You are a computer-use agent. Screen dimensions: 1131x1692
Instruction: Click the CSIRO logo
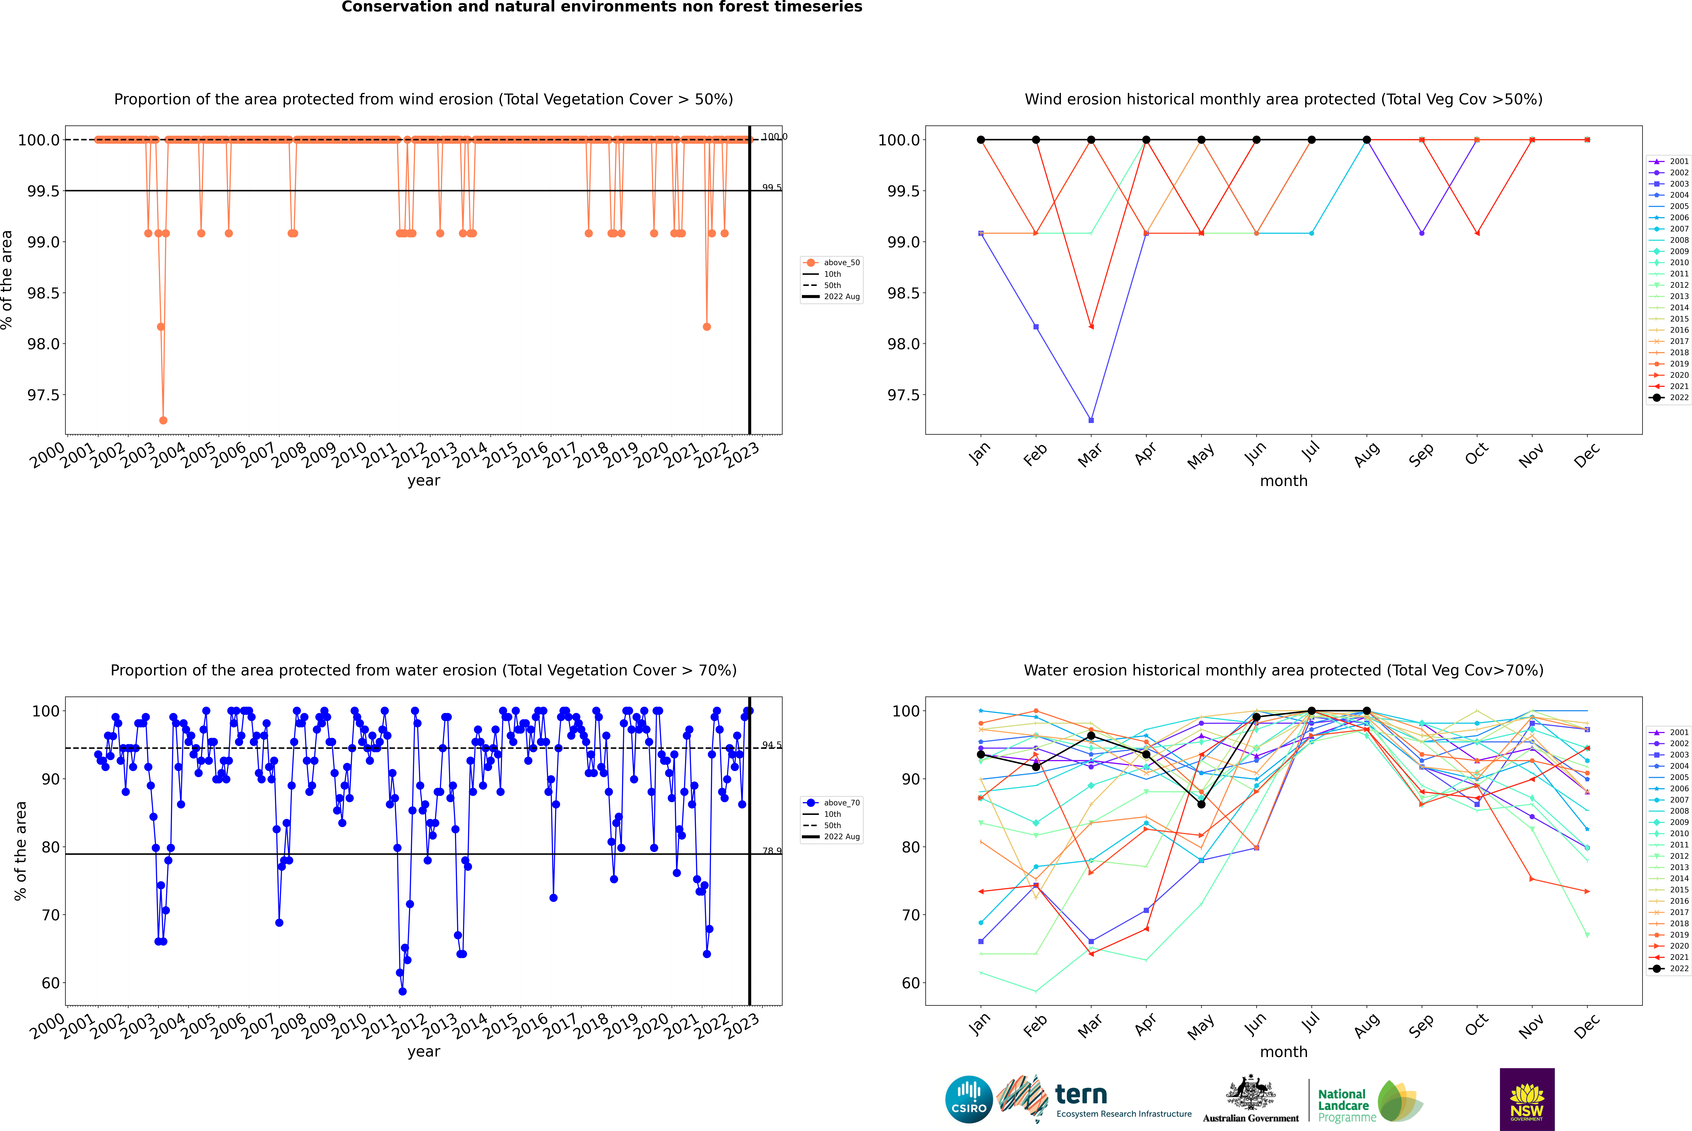click(x=969, y=1099)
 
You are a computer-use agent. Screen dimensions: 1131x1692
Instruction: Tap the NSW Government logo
click(x=1527, y=1099)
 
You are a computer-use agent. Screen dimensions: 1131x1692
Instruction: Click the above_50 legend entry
click(x=832, y=263)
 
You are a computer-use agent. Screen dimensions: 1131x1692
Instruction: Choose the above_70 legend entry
click(x=832, y=803)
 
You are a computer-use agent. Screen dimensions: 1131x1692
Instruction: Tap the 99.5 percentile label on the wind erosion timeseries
click(x=772, y=188)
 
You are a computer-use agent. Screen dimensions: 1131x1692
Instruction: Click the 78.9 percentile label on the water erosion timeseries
click(x=772, y=851)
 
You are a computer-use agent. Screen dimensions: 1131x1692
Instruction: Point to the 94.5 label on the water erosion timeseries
click(x=772, y=745)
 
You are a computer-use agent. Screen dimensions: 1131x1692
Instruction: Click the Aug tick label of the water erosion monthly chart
click(x=1367, y=1026)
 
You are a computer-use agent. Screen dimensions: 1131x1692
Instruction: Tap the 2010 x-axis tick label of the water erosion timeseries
click(x=349, y=1026)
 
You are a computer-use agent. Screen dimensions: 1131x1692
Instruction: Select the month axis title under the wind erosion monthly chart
click(x=1284, y=481)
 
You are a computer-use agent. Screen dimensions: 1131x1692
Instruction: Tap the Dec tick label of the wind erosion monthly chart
click(x=1587, y=456)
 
